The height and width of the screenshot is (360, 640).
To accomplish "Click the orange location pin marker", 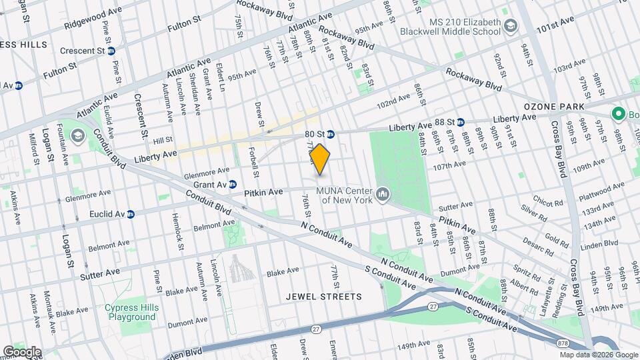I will [x=320, y=159].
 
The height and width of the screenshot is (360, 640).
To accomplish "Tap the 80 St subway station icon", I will [x=331, y=134].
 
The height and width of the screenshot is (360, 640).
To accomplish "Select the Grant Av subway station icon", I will [x=233, y=184].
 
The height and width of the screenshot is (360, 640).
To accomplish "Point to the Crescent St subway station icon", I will [x=111, y=50].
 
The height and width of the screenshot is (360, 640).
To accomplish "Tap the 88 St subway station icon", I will [x=461, y=122].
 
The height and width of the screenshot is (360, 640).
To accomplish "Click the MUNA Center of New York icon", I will [x=383, y=194].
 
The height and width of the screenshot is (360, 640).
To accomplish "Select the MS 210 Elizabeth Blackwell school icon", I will [x=511, y=26].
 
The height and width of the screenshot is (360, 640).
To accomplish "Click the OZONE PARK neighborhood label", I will [x=554, y=106].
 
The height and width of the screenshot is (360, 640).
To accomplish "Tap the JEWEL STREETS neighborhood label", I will [x=323, y=296].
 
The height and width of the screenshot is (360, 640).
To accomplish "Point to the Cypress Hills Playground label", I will [x=131, y=312].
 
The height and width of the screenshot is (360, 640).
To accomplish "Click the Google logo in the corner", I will [x=22, y=351].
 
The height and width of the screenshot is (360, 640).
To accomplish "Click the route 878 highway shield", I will [x=563, y=344].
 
